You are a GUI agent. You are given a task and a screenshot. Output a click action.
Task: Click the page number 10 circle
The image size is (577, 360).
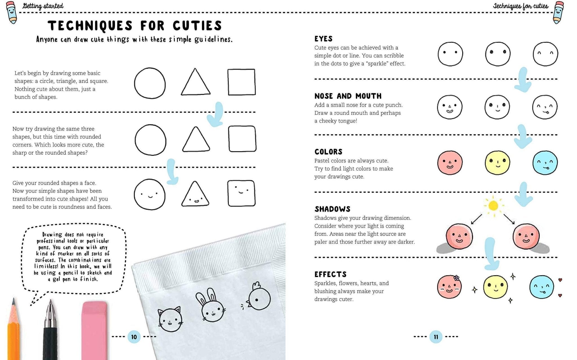pos(134,337)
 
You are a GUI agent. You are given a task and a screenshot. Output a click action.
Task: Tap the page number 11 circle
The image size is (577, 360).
pos(436,337)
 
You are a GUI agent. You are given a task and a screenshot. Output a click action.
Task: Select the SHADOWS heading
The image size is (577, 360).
pos(332,209)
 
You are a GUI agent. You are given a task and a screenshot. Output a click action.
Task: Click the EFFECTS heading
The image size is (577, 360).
pos(330,274)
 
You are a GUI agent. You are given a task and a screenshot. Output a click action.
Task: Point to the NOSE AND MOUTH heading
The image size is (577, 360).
pos(348,96)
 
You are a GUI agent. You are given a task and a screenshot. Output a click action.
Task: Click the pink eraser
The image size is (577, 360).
pos(94,330)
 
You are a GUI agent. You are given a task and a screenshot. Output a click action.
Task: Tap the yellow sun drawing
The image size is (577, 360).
pos(493,206)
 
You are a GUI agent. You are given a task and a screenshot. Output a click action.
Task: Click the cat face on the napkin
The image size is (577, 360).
pos(170,320)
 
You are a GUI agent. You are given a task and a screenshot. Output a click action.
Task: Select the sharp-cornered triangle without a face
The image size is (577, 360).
pos(195,83)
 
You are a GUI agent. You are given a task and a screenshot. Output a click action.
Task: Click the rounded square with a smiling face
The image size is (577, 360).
pos(241,193)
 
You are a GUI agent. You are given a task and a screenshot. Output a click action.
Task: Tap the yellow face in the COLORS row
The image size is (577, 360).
pos(497,163)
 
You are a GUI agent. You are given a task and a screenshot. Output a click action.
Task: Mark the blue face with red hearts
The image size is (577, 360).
pos(542,287)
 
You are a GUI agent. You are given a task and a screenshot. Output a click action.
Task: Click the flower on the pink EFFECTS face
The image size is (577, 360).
pos(456,278)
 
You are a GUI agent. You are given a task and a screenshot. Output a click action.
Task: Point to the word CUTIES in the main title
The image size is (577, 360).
pos(197,26)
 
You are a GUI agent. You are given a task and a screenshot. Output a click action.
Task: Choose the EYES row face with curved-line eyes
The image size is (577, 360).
pos(545,54)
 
